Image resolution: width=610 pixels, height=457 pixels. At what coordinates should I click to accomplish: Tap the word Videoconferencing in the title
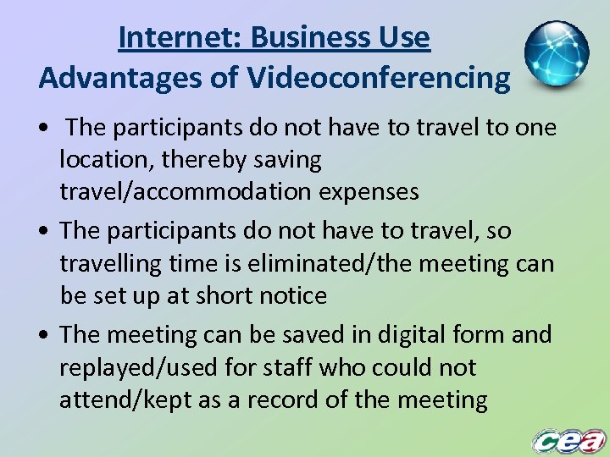coord(379,79)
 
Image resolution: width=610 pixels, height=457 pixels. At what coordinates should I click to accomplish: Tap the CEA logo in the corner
coord(569,440)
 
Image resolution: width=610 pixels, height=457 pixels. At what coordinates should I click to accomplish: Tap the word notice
coord(292,296)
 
